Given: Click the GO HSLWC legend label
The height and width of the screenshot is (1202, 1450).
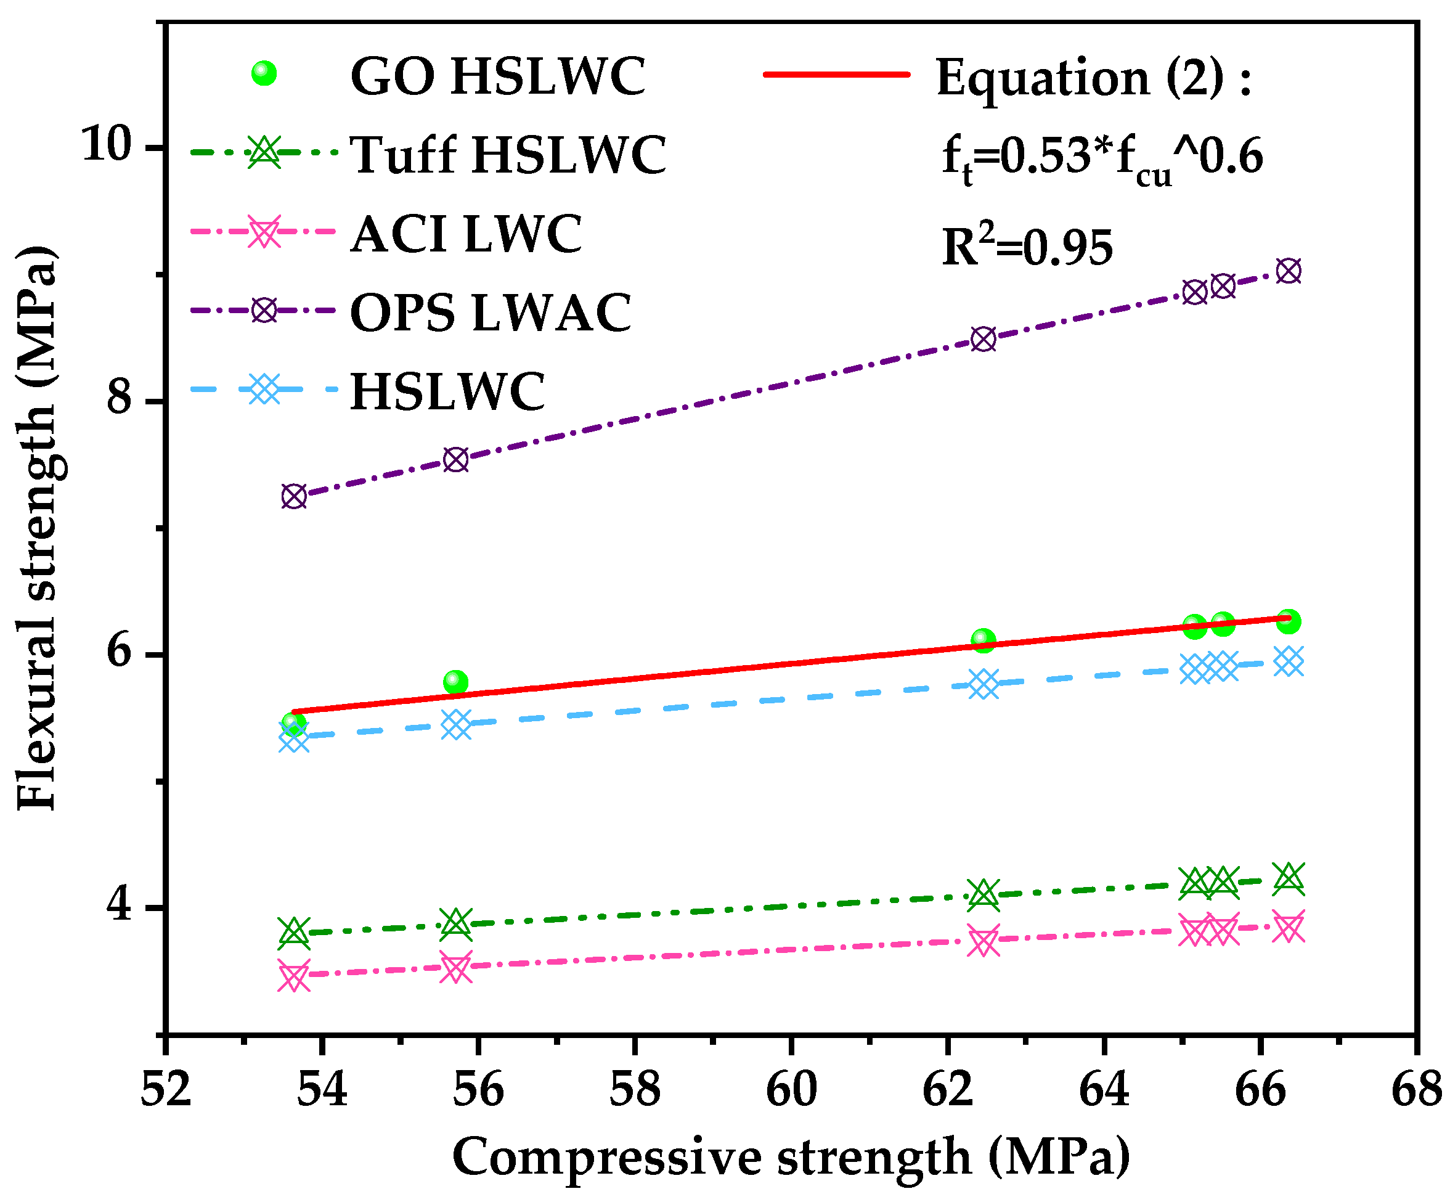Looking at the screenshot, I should [497, 76].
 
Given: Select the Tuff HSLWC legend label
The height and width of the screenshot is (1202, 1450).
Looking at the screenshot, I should [508, 155].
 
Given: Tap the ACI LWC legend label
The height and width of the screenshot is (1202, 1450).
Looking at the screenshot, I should [466, 234].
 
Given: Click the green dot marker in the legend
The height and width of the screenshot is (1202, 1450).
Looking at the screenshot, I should [264, 73].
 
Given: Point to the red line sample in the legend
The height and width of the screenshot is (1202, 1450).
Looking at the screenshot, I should [837, 74].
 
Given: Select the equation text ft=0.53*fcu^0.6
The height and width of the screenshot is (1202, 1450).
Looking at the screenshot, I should [1102, 159].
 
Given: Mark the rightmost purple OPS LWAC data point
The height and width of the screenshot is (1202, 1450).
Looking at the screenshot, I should [1289, 271].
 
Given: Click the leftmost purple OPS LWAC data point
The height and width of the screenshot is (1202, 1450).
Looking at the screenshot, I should [294, 496].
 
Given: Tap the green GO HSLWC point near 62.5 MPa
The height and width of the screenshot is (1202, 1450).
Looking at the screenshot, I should [984, 640].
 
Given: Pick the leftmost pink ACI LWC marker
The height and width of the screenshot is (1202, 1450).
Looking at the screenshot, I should [294, 977].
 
